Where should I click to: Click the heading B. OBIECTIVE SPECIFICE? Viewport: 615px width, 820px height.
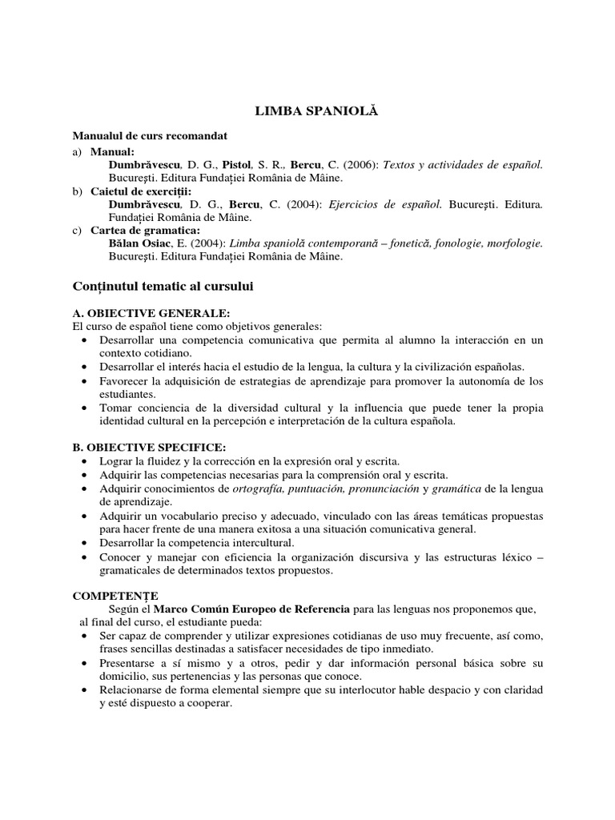[x=149, y=446]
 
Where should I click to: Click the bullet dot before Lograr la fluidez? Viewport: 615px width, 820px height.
[x=86, y=462]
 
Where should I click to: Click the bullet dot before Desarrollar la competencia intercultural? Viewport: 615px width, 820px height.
[x=86, y=543]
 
